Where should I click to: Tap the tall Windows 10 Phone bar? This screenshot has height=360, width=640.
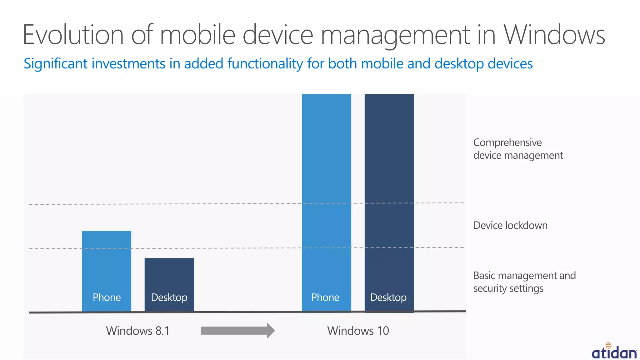pyautogui.click(x=326, y=187)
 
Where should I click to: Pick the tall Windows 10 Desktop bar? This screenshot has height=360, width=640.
pyautogui.click(x=389, y=187)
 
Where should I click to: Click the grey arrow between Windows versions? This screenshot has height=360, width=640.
pyautogui.click(x=238, y=330)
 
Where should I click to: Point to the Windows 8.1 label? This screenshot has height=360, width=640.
pyautogui.click(x=138, y=331)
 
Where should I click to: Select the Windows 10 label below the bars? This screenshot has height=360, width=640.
pyautogui.click(x=358, y=331)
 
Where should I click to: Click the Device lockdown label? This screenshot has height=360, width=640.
pyautogui.click(x=510, y=225)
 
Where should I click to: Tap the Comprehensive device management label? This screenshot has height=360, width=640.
pyautogui.click(x=518, y=149)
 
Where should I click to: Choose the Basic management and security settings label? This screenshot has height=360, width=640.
pyautogui.click(x=524, y=282)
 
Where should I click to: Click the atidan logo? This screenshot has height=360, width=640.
pyautogui.click(x=614, y=351)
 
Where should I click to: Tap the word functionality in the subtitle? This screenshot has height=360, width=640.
pyautogui.click(x=265, y=64)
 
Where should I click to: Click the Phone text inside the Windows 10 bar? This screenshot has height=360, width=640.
pyautogui.click(x=325, y=297)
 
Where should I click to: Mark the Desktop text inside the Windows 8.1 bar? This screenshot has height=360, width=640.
pyautogui.click(x=169, y=297)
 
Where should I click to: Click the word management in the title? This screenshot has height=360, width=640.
pyautogui.click(x=395, y=35)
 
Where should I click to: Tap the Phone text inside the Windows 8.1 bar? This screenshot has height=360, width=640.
pyautogui.click(x=107, y=297)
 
